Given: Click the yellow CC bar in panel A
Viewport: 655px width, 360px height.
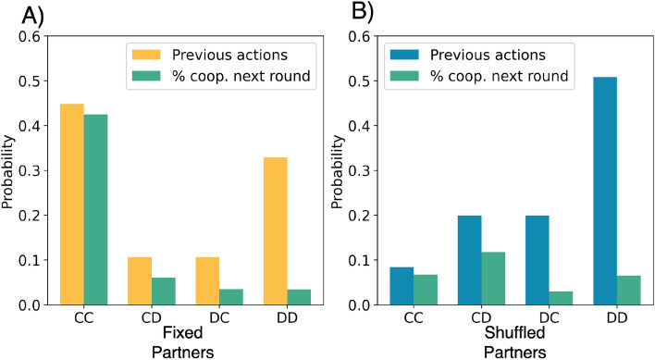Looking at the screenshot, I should [72, 205].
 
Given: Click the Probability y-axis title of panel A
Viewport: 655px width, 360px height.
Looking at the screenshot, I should [10, 171].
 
